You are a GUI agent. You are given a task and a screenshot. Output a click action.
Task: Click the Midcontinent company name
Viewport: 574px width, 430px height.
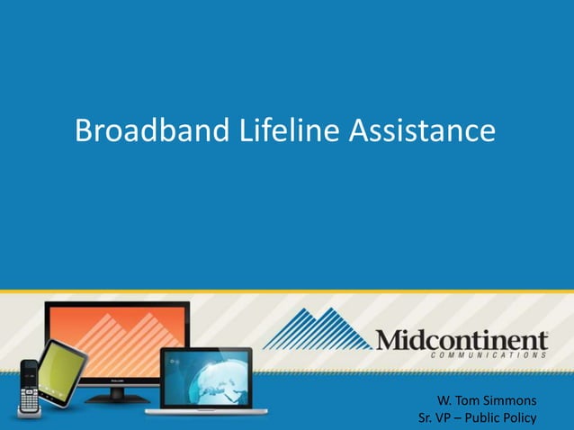point(462,340)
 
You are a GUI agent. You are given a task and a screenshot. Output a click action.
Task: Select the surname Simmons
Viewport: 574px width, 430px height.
point(508,399)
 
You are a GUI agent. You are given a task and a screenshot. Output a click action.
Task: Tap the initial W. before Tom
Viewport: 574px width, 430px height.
point(443,399)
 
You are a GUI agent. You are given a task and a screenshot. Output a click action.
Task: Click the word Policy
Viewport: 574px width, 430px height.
point(516,418)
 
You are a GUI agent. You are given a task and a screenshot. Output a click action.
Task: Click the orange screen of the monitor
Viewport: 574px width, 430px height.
point(117,337)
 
